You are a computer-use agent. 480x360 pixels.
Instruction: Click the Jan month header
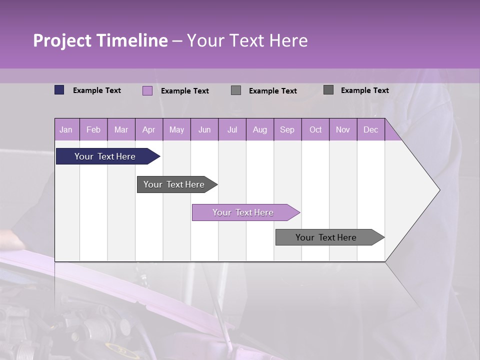click(x=66, y=129)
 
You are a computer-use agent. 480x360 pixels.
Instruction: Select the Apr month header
click(x=148, y=129)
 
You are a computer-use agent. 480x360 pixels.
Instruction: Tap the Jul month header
click(x=232, y=129)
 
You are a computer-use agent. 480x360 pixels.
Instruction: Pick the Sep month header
click(x=287, y=129)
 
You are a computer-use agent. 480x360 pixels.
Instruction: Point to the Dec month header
click(x=370, y=129)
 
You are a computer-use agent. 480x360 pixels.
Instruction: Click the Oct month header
click(x=315, y=129)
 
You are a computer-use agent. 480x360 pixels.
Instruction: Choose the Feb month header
click(x=93, y=129)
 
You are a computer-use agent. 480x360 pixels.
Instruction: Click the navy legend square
click(x=59, y=90)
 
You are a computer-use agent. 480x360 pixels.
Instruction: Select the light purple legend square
click(x=147, y=90)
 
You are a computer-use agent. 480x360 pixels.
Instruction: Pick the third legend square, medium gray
click(x=236, y=90)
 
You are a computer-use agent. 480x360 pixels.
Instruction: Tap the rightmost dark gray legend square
click(x=328, y=90)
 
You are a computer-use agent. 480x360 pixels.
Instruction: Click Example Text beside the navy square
click(x=97, y=90)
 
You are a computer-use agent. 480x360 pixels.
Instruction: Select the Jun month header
click(x=204, y=129)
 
